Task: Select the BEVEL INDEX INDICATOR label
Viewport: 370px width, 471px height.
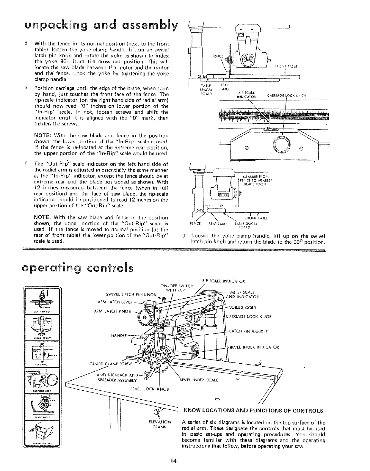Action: [250, 347]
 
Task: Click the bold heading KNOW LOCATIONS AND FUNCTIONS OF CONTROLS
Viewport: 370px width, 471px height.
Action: [253, 411]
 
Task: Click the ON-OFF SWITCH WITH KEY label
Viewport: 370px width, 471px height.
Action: [177, 288]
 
